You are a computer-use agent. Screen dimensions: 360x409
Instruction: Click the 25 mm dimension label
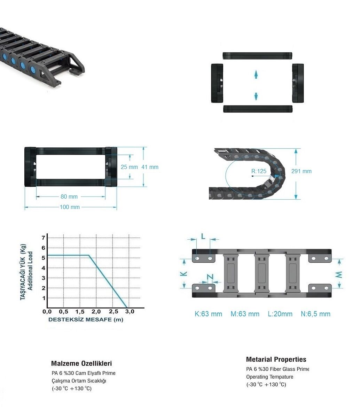pyautogui.click(x=129, y=167)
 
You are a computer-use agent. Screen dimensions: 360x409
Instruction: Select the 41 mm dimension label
pyautogui.click(x=150, y=167)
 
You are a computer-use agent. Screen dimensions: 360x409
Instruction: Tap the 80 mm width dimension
pyautogui.click(x=69, y=196)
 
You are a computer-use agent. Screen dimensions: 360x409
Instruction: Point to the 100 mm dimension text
pyautogui.click(x=70, y=207)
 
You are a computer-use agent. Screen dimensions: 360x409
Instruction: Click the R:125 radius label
pyautogui.click(x=259, y=171)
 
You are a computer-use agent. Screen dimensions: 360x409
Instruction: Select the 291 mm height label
pyautogui.click(x=302, y=171)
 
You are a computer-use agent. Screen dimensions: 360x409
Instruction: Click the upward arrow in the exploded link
pyautogui.click(x=256, y=74)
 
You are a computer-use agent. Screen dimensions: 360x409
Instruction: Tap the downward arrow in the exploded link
pyautogui.click(x=256, y=96)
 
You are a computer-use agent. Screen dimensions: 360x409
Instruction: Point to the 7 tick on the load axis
pyautogui.click(x=44, y=238)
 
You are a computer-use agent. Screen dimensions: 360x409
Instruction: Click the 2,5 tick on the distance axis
pyautogui.click(x=114, y=311)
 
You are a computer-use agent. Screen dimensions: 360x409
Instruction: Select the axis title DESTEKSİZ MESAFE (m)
pyautogui.click(x=86, y=319)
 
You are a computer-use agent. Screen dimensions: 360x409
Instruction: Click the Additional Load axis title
pyautogui.click(x=30, y=271)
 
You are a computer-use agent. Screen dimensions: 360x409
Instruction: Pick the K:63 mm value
pyautogui.click(x=208, y=314)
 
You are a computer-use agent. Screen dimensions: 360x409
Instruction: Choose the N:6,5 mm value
pyautogui.click(x=315, y=314)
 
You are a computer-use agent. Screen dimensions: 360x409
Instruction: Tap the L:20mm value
pyautogui.click(x=280, y=314)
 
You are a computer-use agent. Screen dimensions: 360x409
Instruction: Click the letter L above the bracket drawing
pyautogui.click(x=203, y=236)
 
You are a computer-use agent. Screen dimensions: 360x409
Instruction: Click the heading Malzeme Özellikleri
pyautogui.click(x=81, y=364)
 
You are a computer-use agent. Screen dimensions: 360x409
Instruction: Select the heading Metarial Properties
pyautogui.click(x=276, y=360)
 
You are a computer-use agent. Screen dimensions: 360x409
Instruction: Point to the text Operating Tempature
pyautogui.click(x=269, y=377)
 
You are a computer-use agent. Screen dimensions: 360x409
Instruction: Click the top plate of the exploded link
pyautogui.click(x=257, y=56)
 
